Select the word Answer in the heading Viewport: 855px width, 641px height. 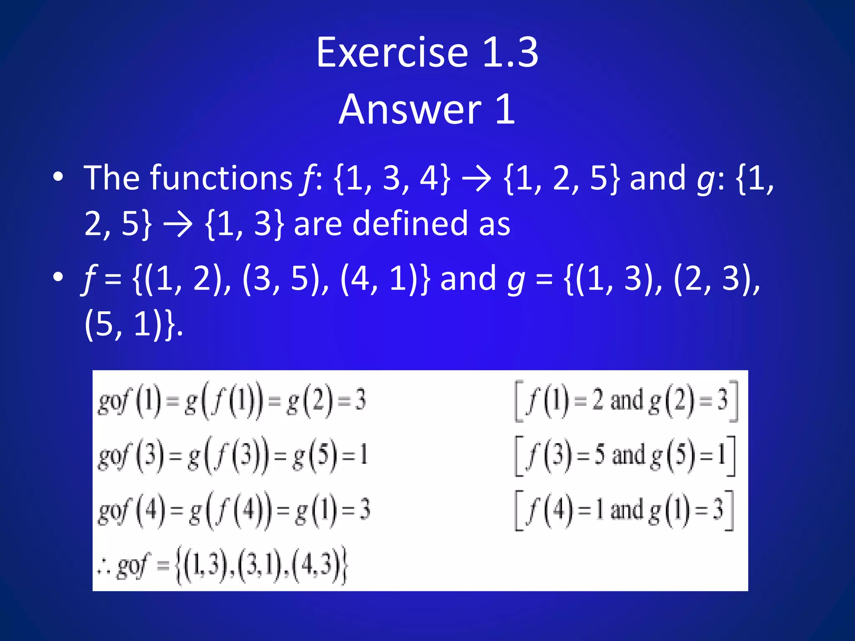[410, 109]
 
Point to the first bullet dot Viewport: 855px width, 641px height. [58, 177]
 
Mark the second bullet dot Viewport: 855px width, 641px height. [58, 277]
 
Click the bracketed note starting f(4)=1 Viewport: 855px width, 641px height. [624, 510]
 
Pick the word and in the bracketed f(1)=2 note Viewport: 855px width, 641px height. [626, 401]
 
